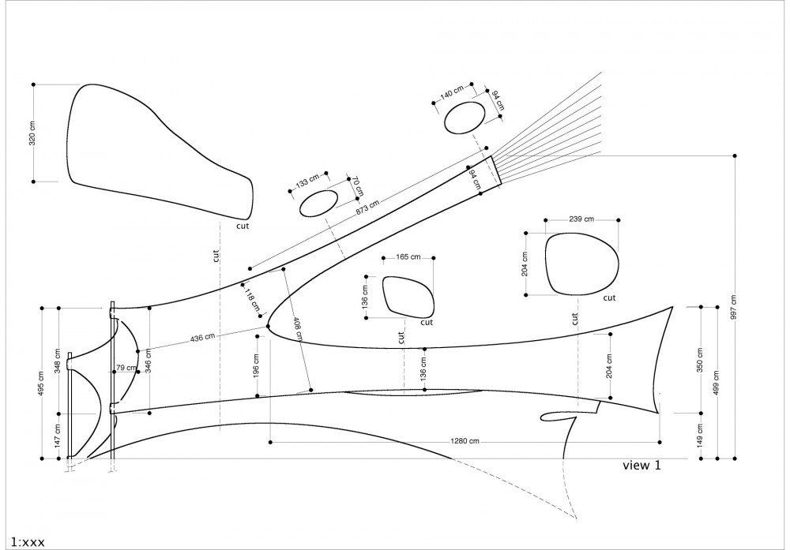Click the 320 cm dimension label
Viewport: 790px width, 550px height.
tap(32, 133)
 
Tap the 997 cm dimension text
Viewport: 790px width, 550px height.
tap(734, 307)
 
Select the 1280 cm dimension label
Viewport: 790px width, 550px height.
tap(465, 441)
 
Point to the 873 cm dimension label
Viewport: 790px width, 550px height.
tap(367, 208)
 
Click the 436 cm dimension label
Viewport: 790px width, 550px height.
tap(202, 337)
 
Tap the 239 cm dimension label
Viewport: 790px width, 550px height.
tap(581, 219)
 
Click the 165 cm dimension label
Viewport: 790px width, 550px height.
tap(408, 256)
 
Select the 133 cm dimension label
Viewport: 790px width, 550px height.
tap(307, 181)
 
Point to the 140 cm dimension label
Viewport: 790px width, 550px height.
tap(451, 92)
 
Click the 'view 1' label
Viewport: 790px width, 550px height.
tap(641, 465)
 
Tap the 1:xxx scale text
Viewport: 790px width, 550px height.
tap(28, 542)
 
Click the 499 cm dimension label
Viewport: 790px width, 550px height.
tap(717, 383)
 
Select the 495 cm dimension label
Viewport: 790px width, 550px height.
tap(41, 383)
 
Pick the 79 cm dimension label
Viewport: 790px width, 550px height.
tap(126, 368)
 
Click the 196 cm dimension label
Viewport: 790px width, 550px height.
tap(256, 366)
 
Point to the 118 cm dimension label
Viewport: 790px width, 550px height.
tap(252, 299)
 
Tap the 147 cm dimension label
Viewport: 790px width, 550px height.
tap(58, 436)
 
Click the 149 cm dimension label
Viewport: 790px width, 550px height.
tap(700, 436)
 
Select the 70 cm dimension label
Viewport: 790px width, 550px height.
tap(356, 187)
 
